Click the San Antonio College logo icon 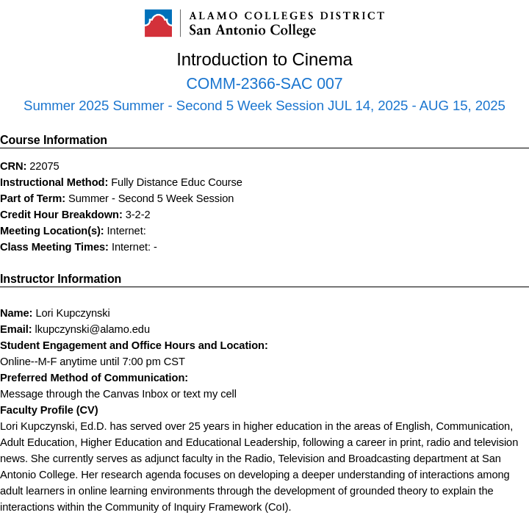pos(158,24)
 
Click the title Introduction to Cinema pos(264,60)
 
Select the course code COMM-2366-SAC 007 pos(264,84)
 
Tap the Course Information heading pos(54,140)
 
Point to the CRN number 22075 pos(44,166)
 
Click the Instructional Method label pos(54,182)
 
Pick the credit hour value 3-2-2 pos(138,215)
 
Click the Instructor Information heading pos(60,279)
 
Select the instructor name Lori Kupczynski pos(73,313)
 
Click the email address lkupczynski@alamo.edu pos(93,329)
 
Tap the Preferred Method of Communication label pos(94,378)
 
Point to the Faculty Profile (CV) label pos(49,410)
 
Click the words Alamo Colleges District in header pos(287,15)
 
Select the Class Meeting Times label pos(54,247)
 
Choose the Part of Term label pos(33,198)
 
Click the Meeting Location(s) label pos(52,231)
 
